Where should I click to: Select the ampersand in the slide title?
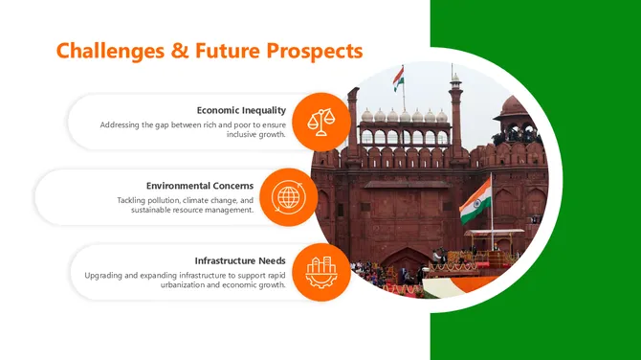coord(179,50)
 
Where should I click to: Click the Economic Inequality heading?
coord(241,110)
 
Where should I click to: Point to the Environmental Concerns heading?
coord(200,186)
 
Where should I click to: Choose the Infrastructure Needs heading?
coord(240,260)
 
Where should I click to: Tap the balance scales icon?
coord(320,122)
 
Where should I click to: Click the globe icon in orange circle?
coord(288,197)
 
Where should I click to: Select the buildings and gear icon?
coord(320,272)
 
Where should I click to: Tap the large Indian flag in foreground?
coord(475,200)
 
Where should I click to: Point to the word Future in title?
coord(228,50)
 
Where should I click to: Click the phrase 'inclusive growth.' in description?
coord(256,135)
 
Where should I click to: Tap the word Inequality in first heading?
coord(264,110)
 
